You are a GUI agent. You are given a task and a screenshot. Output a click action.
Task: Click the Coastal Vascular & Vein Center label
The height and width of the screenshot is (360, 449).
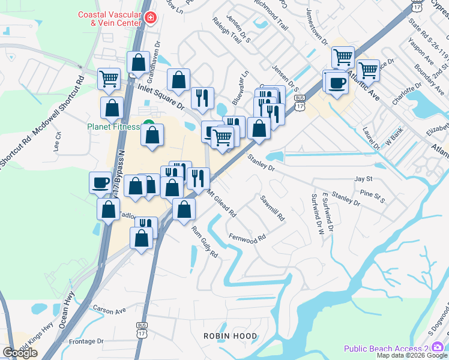(110, 19)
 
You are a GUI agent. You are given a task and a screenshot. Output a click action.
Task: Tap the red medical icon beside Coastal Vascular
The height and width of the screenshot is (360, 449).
(150, 19)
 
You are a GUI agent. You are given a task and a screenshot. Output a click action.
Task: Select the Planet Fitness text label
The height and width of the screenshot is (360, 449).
(113, 127)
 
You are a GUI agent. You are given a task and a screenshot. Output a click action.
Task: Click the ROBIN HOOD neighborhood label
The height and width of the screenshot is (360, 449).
(230, 336)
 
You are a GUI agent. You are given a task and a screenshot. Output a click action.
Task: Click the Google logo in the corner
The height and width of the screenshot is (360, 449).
(20, 353)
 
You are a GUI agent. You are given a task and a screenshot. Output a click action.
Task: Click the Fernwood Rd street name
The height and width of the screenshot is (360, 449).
(247, 238)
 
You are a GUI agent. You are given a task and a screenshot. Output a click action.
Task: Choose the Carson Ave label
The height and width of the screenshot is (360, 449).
(109, 310)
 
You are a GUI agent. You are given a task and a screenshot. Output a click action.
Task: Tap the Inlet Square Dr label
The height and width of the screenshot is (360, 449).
(161, 97)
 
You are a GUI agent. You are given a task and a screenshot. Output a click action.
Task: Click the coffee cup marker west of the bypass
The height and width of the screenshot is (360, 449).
(100, 182)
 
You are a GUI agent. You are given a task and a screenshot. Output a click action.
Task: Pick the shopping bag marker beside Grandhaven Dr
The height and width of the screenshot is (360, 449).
(138, 62)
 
